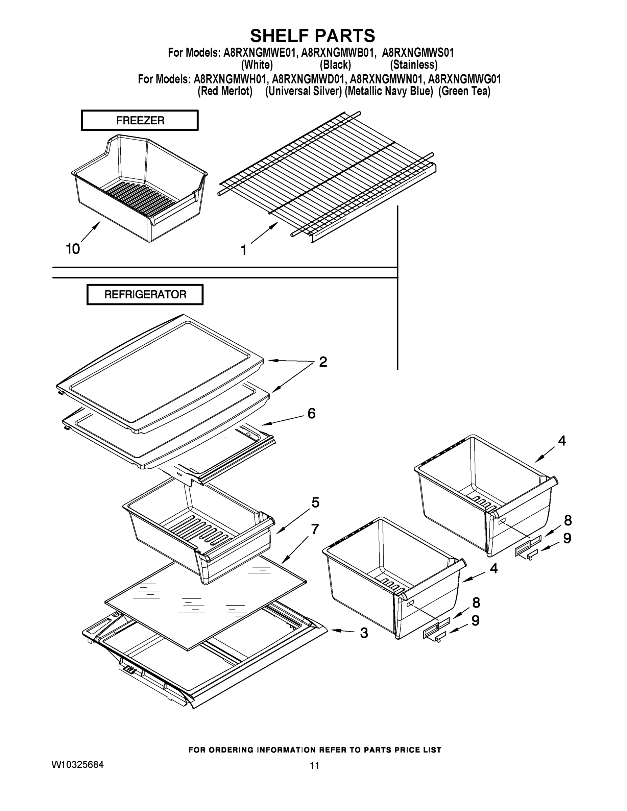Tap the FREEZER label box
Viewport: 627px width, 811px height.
click(x=140, y=120)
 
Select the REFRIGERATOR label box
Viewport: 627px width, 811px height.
click(x=145, y=294)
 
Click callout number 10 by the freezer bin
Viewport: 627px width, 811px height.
click(x=73, y=249)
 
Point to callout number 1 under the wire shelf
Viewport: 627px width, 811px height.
click(x=244, y=250)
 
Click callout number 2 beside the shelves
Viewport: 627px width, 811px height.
click(x=323, y=362)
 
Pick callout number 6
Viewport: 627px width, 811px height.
click(x=311, y=413)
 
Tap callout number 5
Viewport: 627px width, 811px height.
click(x=315, y=503)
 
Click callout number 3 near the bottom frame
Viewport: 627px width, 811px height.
click(x=364, y=633)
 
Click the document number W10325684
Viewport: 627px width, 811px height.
click(x=78, y=765)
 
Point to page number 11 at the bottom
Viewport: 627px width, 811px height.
click(x=314, y=766)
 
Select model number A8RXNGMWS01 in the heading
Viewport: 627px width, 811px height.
click(x=418, y=53)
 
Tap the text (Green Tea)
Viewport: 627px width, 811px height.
click(x=464, y=91)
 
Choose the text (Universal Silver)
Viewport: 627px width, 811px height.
click(x=303, y=91)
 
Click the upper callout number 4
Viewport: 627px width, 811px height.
click(x=562, y=441)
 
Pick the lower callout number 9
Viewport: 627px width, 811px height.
click(x=476, y=620)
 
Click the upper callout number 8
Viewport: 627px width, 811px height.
click(x=568, y=520)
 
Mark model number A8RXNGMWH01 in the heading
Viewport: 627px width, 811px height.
click(x=230, y=79)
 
